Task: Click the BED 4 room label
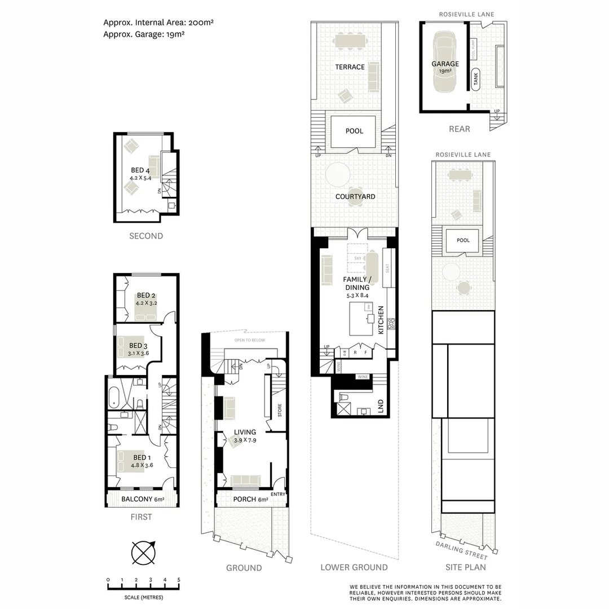point(140,170)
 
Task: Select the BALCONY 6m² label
point(143,499)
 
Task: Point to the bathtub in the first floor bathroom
point(113,396)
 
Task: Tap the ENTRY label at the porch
point(278,495)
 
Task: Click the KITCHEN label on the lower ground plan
point(381,320)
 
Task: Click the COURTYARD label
point(355,197)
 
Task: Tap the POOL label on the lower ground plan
point(354,131)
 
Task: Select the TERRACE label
point(350,67)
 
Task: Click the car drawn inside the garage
point(445,62)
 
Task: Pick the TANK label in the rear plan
point(476,80)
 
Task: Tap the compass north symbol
point(143,552)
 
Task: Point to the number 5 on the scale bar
point(179,580)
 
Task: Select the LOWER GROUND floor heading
point(354,567)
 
